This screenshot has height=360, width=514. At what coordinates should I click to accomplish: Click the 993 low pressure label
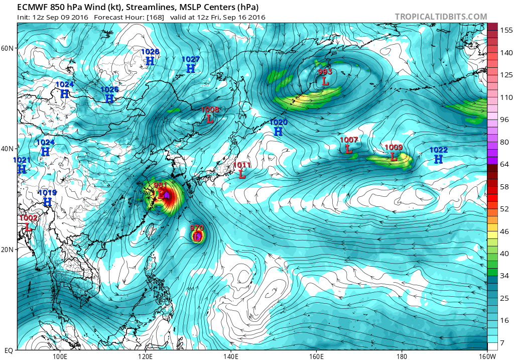pos(325,72)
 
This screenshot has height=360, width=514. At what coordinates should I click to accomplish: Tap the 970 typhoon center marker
pos(197,235)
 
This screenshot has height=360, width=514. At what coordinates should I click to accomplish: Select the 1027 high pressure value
pos(191,59)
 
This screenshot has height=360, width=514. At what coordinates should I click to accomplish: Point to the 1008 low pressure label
pos(210,109)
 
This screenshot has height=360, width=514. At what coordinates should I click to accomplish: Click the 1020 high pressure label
pos(278,122)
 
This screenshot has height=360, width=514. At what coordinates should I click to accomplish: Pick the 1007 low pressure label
pos(348,140)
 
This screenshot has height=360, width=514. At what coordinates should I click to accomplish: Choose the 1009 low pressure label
pos(394,147)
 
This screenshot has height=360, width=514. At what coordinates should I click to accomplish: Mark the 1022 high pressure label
pos(438,150)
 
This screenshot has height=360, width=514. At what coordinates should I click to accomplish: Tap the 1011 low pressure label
pos(242,165)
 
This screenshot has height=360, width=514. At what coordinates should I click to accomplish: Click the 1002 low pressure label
pos(28,218)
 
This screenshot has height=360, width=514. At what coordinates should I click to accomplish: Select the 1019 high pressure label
pos(47,193)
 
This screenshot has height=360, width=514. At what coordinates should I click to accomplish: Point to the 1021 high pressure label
pos(22,160)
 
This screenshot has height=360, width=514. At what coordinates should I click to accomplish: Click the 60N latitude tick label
pos(7,48)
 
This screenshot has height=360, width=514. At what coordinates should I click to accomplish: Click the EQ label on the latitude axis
pos(9,350)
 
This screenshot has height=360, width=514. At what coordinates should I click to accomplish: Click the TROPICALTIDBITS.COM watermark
pos(441,17)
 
